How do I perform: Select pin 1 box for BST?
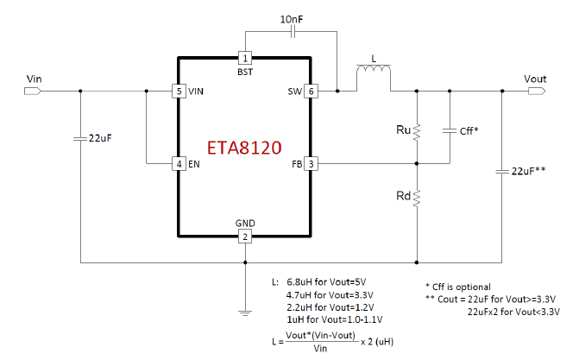pos(244,59)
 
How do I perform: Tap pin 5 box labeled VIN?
pos(177,91)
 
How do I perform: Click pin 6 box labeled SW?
pos(312,91)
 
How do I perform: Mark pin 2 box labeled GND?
pos(244,237)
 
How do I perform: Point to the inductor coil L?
pos(374,79)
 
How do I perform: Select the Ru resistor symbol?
pos(417,132)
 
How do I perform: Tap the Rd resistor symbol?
pos(417,199)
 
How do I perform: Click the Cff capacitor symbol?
pos(450,131)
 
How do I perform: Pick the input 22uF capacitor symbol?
pos(80,138)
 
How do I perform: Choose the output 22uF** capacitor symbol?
pos(502,173)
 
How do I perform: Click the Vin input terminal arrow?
pos(35,91)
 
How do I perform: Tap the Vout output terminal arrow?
pos(535,91)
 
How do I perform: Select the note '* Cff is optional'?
pos(458,287)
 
